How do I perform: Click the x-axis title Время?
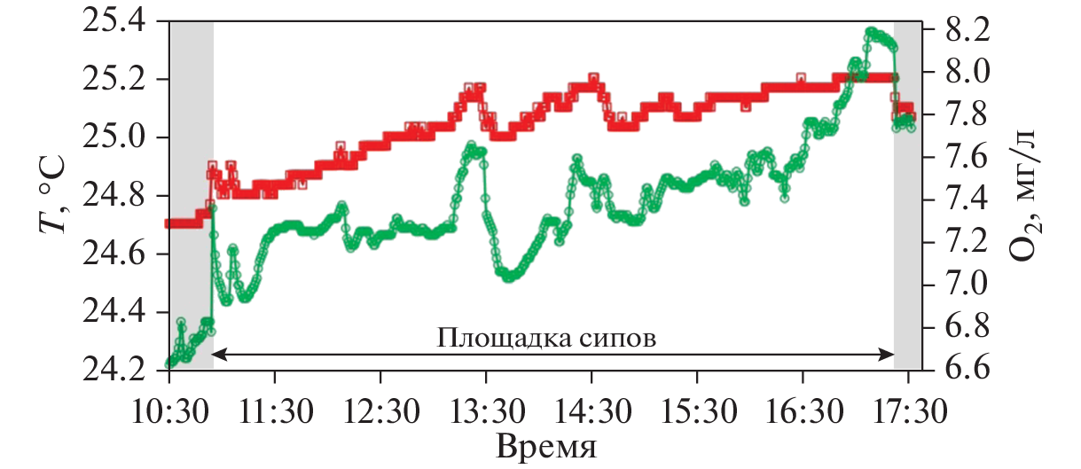[546, 442]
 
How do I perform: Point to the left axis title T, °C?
[52, 196]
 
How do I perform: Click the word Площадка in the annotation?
[493, 338]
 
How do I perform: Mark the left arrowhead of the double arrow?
[219, 354]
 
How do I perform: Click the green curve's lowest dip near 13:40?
[508, 278]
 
